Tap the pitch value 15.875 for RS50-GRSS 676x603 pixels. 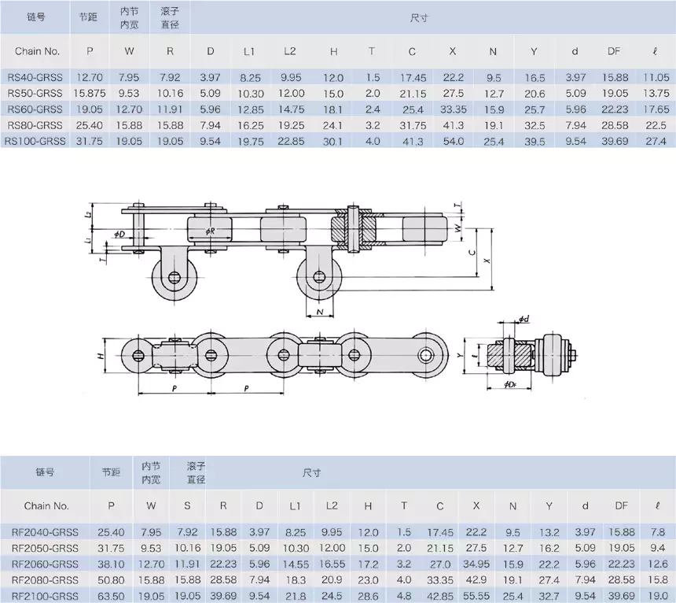[x=90, y=94]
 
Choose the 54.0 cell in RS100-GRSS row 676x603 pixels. [x=452, y=141]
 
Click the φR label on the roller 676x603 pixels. [x=210, y=231]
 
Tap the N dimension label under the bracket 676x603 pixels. [x=320, y=313]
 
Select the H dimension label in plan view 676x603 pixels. [x=102, y=356]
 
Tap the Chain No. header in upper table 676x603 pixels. [x=37, y=51]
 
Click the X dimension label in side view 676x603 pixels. [x=488, y=259]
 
